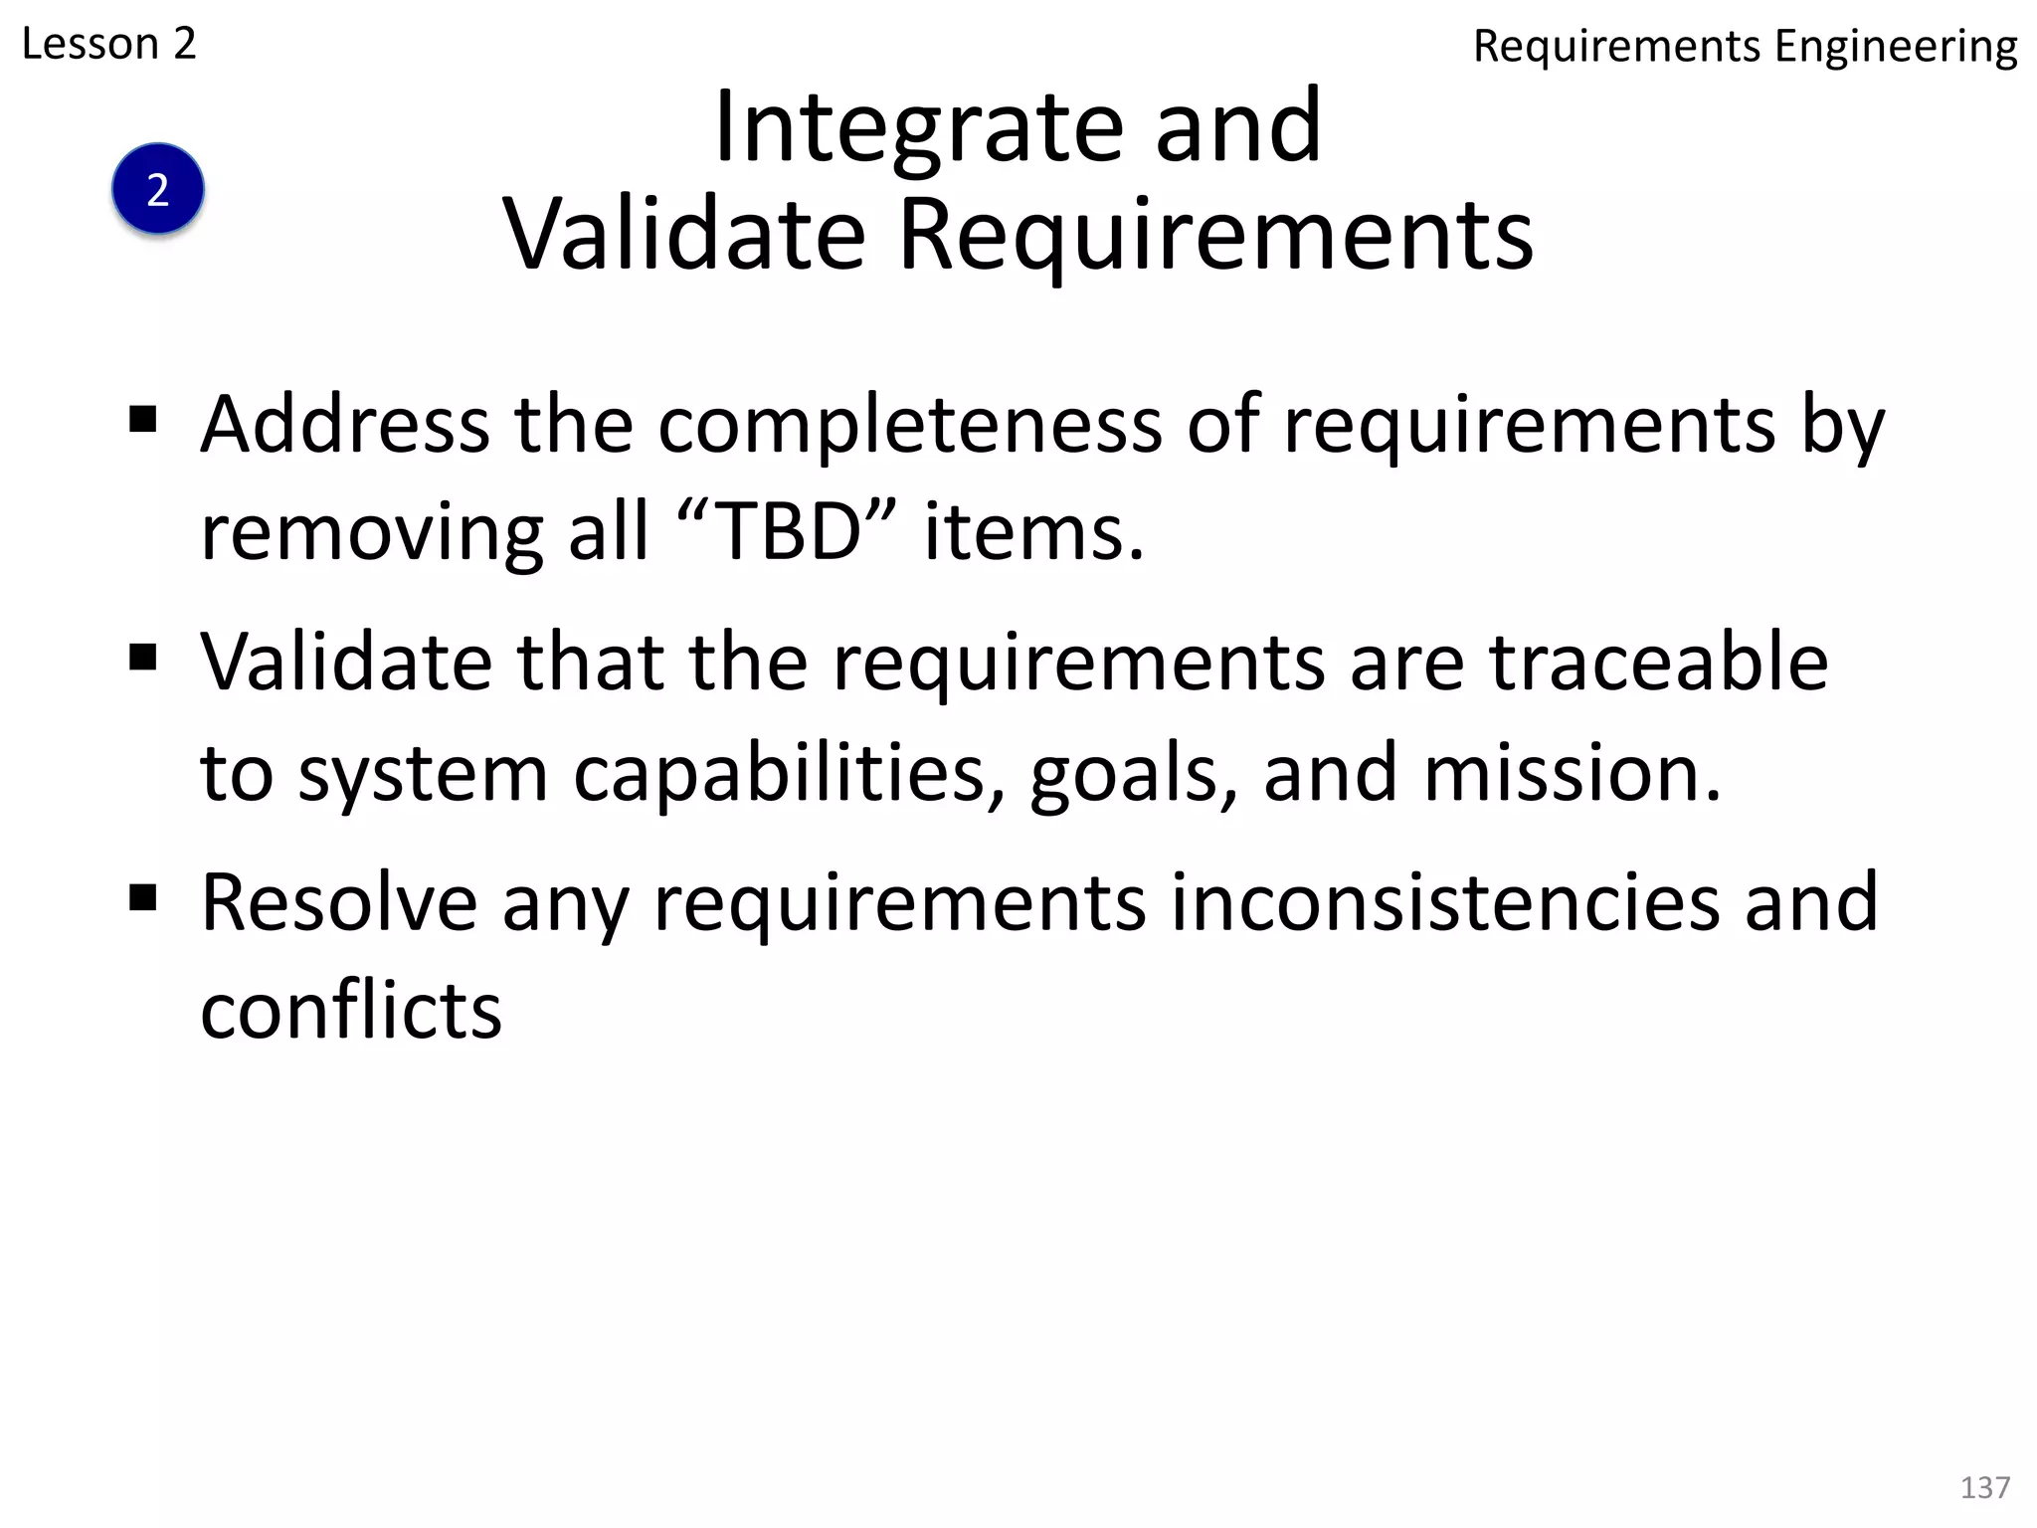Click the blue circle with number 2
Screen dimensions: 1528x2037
click(x=157, y=189)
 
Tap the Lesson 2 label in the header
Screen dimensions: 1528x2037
click(x=108, y=44)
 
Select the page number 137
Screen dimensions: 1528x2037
click(x=1984, y=1487)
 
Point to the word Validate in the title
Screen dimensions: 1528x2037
click(x=684, y=235)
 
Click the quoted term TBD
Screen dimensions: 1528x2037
click(x=788, y=532)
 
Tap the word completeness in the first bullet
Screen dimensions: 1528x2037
click(x=909, y=425)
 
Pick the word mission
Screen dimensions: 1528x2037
click(x=1572, y=773)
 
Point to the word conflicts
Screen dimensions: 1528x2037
click(x=351, y=1011)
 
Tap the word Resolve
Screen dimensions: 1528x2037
click(x=339, y=901)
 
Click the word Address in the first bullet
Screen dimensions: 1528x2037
click(x=344, y=425)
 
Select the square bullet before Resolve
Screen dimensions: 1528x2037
click(x=143, y=898)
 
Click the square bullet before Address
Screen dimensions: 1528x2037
click(x=143, y=420)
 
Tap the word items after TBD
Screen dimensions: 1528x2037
click(x=1033, y=532)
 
